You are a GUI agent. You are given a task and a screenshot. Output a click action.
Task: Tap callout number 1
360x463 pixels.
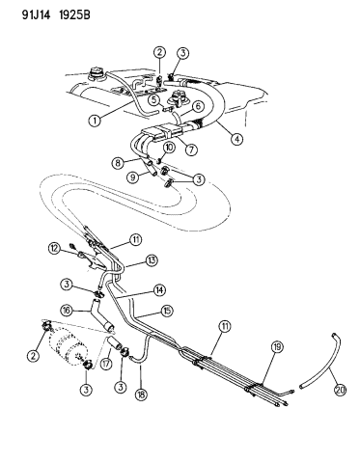point(96,121)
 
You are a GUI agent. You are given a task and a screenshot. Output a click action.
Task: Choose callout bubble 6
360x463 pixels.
point(198,106)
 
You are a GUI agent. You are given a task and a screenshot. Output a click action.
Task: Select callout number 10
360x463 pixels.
point(168,148)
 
